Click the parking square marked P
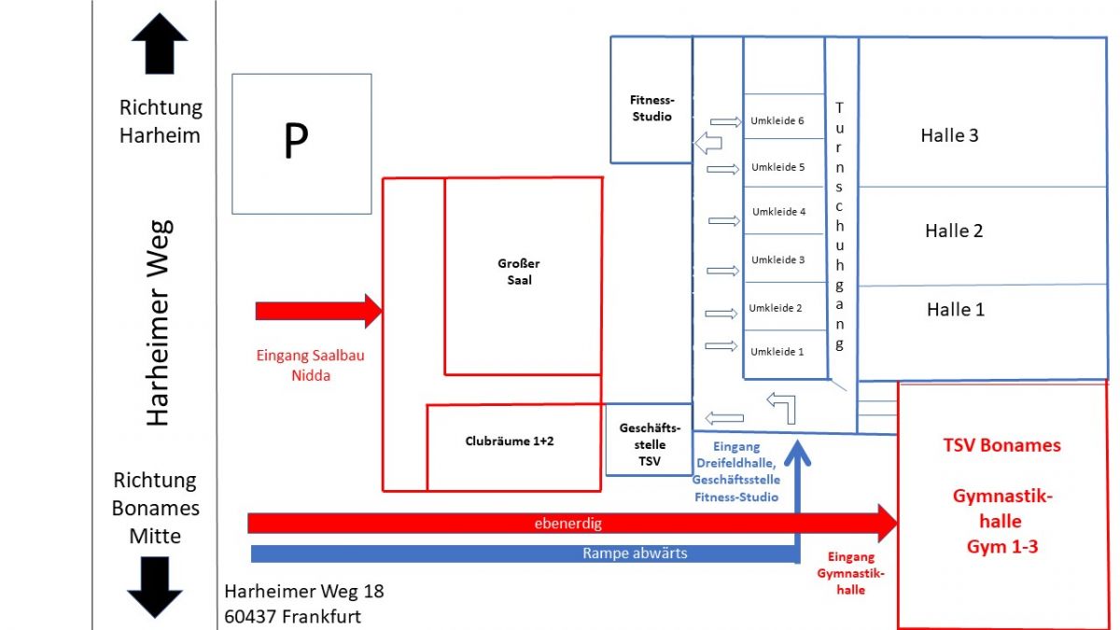point(301,144)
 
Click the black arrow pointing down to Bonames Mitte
point(154,586)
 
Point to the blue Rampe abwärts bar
point(523,553)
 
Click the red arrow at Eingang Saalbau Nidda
point(318,311)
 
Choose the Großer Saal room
point(520,273)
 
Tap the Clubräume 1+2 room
point(510,441)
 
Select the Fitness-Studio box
point(651,108)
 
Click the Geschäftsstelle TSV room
point(649,444)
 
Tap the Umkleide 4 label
point(778,212)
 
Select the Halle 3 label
point(949,135)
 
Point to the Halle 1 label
point(955,310)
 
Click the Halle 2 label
point(954,231)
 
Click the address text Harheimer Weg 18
point(304,592)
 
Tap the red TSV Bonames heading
point(1001,445)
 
